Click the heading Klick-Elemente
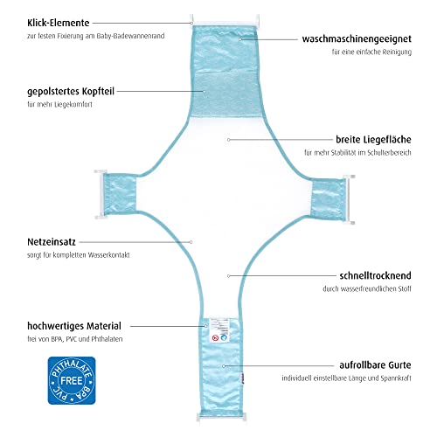click(x=59, y=23)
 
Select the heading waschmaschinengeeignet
click(x=357, y=38)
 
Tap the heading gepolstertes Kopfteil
click(x=71, y=91)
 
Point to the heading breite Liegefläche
click(x=373, y=140)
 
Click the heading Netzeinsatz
click(x=52, y=242)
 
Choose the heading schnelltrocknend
click(x=375, y=275)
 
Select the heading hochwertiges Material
click(x=74, y=326)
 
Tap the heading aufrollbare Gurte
click(x=375, y=365)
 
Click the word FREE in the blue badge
click(x=72, y=380)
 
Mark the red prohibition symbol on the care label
click(x=215, y=338)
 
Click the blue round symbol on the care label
click(x=224, y=337)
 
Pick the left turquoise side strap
click(x=120, y=194)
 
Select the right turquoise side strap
click(x=329, y=200)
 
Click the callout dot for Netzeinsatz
click(x=191, y=242)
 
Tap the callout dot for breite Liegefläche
click(x=229, y=140)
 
